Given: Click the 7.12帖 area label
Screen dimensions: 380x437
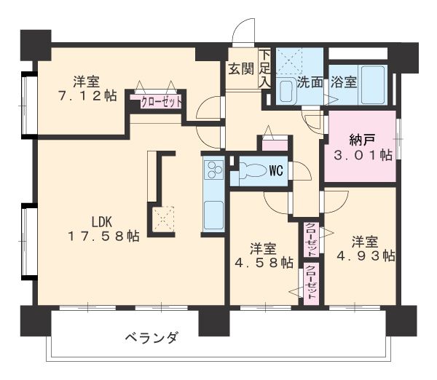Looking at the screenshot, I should tap(87, 95).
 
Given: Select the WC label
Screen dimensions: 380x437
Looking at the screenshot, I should tap(276, 171).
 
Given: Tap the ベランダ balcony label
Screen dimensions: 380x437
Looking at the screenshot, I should tap(150, 338).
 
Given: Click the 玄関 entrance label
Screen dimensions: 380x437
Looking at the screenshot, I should tap(240, 69).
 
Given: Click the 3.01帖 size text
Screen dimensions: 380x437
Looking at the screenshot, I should tap(363, 154).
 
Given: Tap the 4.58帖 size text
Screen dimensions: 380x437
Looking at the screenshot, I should tap(264, 262).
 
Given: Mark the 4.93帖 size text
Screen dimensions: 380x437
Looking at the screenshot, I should tap(365, 256).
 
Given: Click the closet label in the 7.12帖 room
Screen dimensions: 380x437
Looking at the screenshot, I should tap(157, 102).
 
